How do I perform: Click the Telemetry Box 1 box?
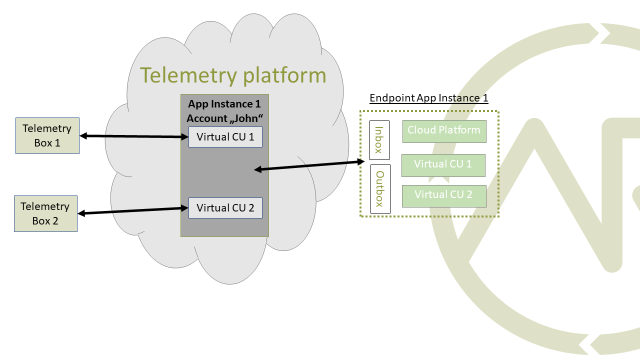47,135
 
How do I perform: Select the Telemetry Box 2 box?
45,213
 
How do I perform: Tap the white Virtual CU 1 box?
225,137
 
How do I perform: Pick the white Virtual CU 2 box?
225,208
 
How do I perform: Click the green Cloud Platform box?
444,131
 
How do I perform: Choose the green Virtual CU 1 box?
443,165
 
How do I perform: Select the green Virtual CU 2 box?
443,195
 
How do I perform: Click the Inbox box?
379,140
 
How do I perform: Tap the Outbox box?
380,189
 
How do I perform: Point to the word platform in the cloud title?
284,75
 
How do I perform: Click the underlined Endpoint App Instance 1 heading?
428,98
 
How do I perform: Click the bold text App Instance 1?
224,104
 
